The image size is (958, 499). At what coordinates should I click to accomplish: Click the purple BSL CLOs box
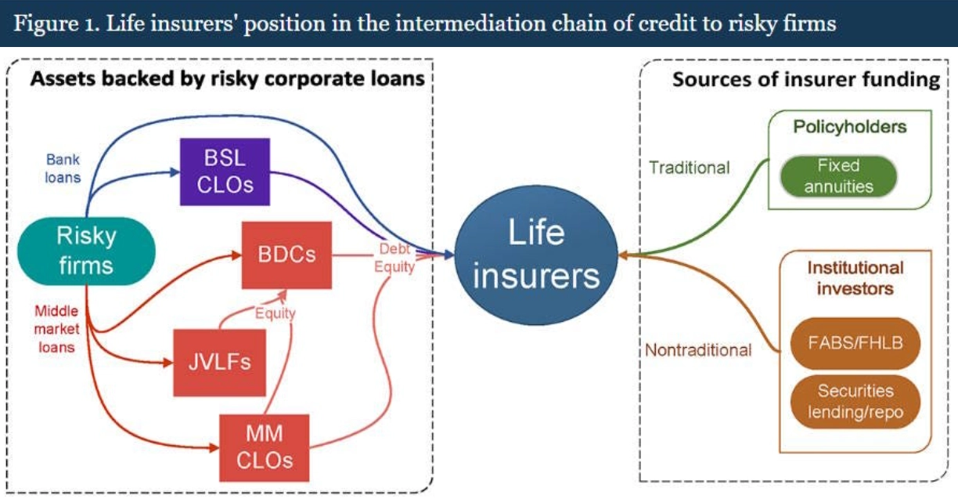click(225, 172)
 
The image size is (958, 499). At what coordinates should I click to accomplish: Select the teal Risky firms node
click(86, 251)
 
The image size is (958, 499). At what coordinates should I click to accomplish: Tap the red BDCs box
click(286, 255)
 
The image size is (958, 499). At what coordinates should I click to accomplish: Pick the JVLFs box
click(219, 363)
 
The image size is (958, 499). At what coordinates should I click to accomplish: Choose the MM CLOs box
click(265, 447)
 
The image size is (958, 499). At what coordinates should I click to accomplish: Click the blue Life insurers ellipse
click(536, 255)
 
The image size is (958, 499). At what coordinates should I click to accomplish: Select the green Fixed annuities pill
click(838, 176)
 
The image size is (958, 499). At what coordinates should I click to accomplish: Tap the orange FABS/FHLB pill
click(855, 343)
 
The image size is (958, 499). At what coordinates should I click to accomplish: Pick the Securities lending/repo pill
click(855, 402)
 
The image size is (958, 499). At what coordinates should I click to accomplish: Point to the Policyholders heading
click(850, 127)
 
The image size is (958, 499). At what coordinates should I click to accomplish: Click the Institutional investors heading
click(855, 278)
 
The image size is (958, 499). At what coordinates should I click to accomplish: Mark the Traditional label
click(690, 168)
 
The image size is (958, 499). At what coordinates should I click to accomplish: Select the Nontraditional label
click(698, 350)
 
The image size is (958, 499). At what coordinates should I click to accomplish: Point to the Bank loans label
click(63, 168)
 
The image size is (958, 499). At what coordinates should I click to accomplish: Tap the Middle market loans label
click(56, 329)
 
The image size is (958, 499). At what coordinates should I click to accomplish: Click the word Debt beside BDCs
click(394, 248)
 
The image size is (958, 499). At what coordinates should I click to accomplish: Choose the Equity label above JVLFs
click(275, 313)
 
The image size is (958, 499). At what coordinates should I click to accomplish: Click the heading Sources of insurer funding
click(806, 80)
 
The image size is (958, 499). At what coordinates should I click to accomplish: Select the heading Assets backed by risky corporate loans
click(228, 79)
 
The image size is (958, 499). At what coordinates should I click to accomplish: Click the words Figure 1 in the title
click(56, 24)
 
